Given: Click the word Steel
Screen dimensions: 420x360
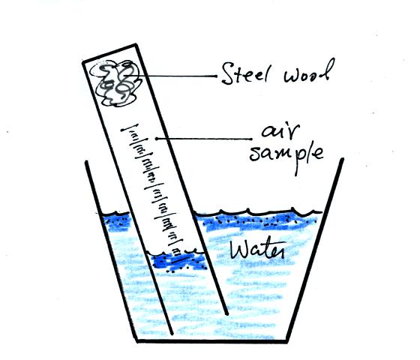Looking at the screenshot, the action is pos(244,73).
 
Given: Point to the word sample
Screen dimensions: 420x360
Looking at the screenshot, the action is pos(286,157).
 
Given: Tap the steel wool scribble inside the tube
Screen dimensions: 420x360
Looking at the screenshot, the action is pos(115,83).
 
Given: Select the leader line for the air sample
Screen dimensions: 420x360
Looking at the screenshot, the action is pos(204,139).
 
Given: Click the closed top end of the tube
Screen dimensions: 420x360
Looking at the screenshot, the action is pos(109,53).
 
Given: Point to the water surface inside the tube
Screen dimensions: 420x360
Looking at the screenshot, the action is pos(177,252).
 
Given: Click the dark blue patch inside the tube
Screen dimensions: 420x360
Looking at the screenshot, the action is pos(179,262).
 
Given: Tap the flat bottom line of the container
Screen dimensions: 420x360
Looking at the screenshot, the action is pos(212,341).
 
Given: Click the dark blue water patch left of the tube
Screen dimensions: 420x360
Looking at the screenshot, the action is pos(117,222).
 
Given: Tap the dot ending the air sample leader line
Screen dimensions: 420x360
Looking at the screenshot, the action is pos(157,139).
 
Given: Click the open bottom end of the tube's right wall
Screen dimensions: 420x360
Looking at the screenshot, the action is pos(226,313).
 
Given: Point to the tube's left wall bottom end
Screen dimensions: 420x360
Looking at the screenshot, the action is pos(172,334).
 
